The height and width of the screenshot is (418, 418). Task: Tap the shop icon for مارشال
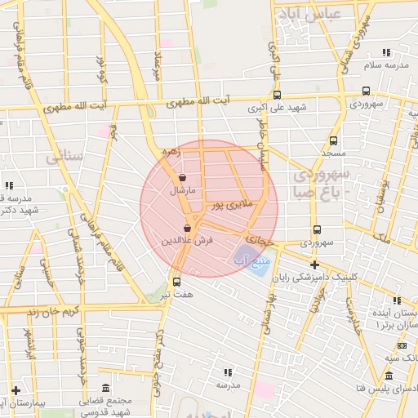181,177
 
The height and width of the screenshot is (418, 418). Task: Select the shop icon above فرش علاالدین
188,229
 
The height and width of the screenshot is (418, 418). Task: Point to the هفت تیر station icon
176,282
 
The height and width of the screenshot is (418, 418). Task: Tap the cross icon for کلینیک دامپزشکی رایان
314,265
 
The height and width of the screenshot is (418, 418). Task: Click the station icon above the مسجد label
333,140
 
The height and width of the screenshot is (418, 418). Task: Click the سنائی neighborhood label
63,155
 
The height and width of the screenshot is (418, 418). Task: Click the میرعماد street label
159,64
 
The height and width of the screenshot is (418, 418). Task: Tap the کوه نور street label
104,69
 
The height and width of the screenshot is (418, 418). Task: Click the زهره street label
169,151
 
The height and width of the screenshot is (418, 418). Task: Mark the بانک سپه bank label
402,358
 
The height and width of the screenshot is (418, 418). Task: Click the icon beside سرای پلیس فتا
389,376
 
